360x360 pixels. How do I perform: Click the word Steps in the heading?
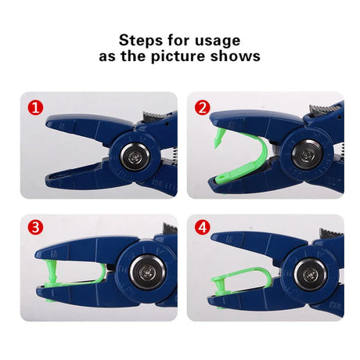(141, 41)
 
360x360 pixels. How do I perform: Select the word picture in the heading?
(178, 56)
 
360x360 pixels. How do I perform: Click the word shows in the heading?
(236, 56)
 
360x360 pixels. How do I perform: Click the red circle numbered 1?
(36, 107)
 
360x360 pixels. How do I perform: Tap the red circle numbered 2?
(203, 107)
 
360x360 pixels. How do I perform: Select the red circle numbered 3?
(36, 227)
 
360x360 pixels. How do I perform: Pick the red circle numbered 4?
(203, 227)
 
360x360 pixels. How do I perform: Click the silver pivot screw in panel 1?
(135, 157)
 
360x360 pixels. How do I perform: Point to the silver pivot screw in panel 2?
(307, 155)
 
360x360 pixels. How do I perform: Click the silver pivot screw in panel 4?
(311, 275)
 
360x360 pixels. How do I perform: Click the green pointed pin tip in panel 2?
(217, 143)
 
